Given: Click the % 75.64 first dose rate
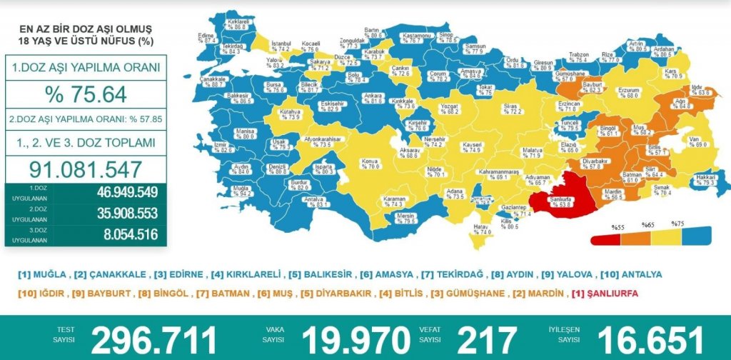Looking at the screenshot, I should [86, 94].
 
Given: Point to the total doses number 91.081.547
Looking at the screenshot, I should [86, 169].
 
